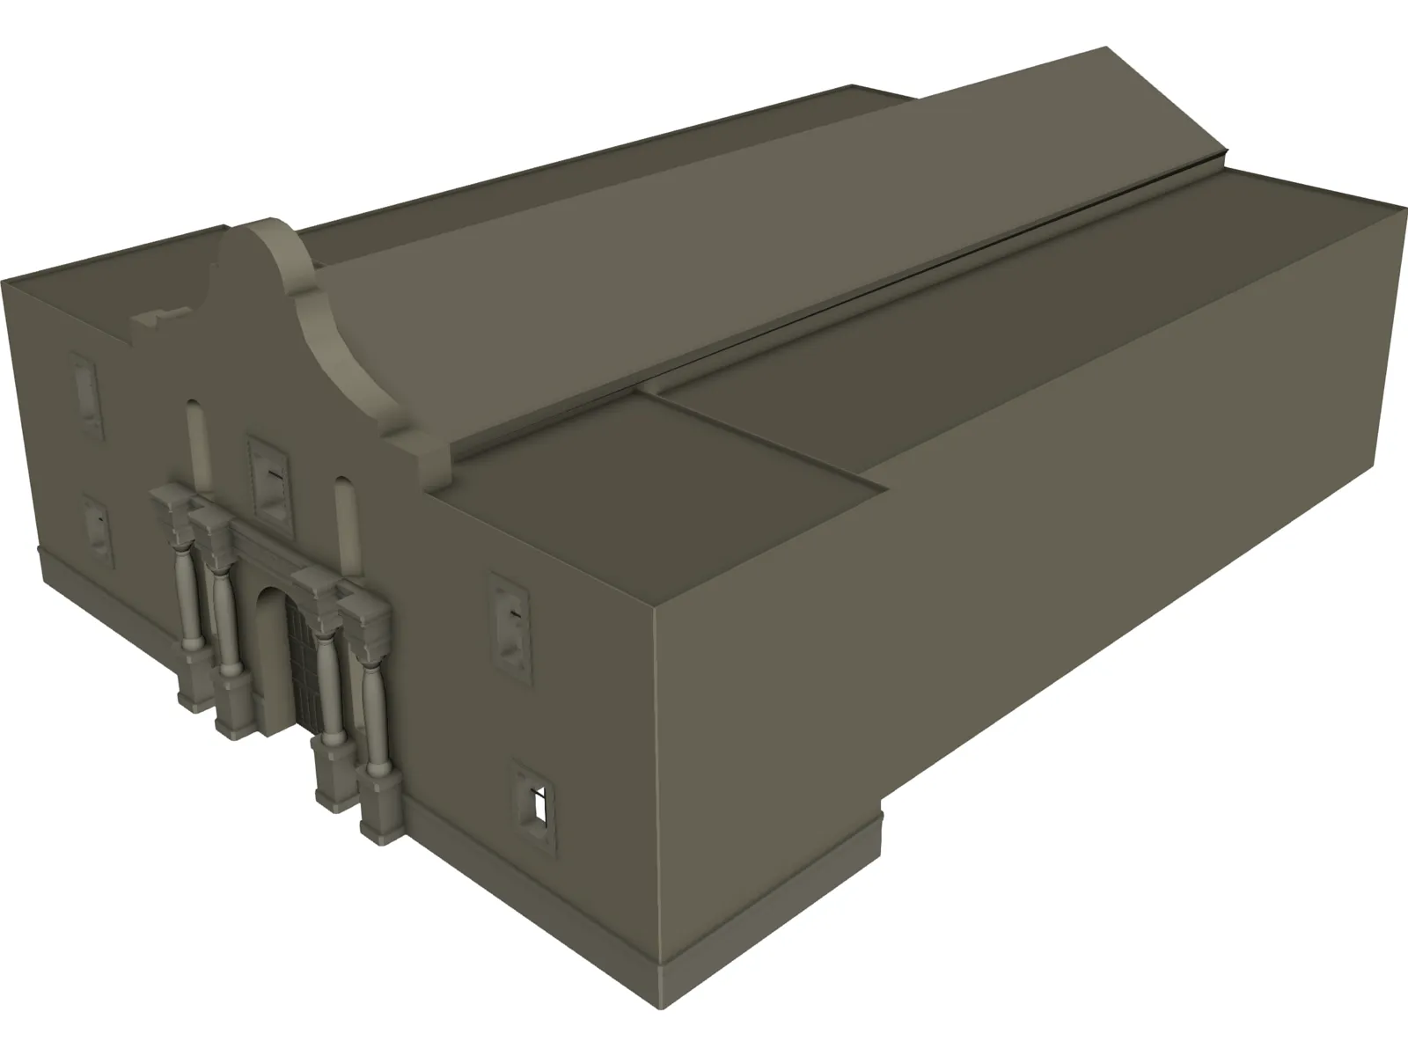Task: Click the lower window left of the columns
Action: tap(98, 529)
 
